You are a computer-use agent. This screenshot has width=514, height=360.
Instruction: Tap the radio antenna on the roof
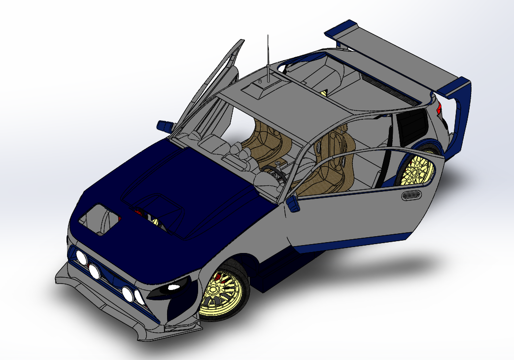[x=268, y=54]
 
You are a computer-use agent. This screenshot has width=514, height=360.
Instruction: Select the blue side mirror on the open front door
[x=293, y=203]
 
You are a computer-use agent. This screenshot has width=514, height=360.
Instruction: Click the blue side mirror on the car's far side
[x=164, y=125]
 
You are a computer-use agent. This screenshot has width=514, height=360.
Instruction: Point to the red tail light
[x=439, y=108]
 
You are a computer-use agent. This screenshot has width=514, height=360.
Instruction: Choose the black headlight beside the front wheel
[x=172, y=288]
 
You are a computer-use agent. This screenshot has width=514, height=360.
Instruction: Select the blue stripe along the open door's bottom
[x=355, y=242]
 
